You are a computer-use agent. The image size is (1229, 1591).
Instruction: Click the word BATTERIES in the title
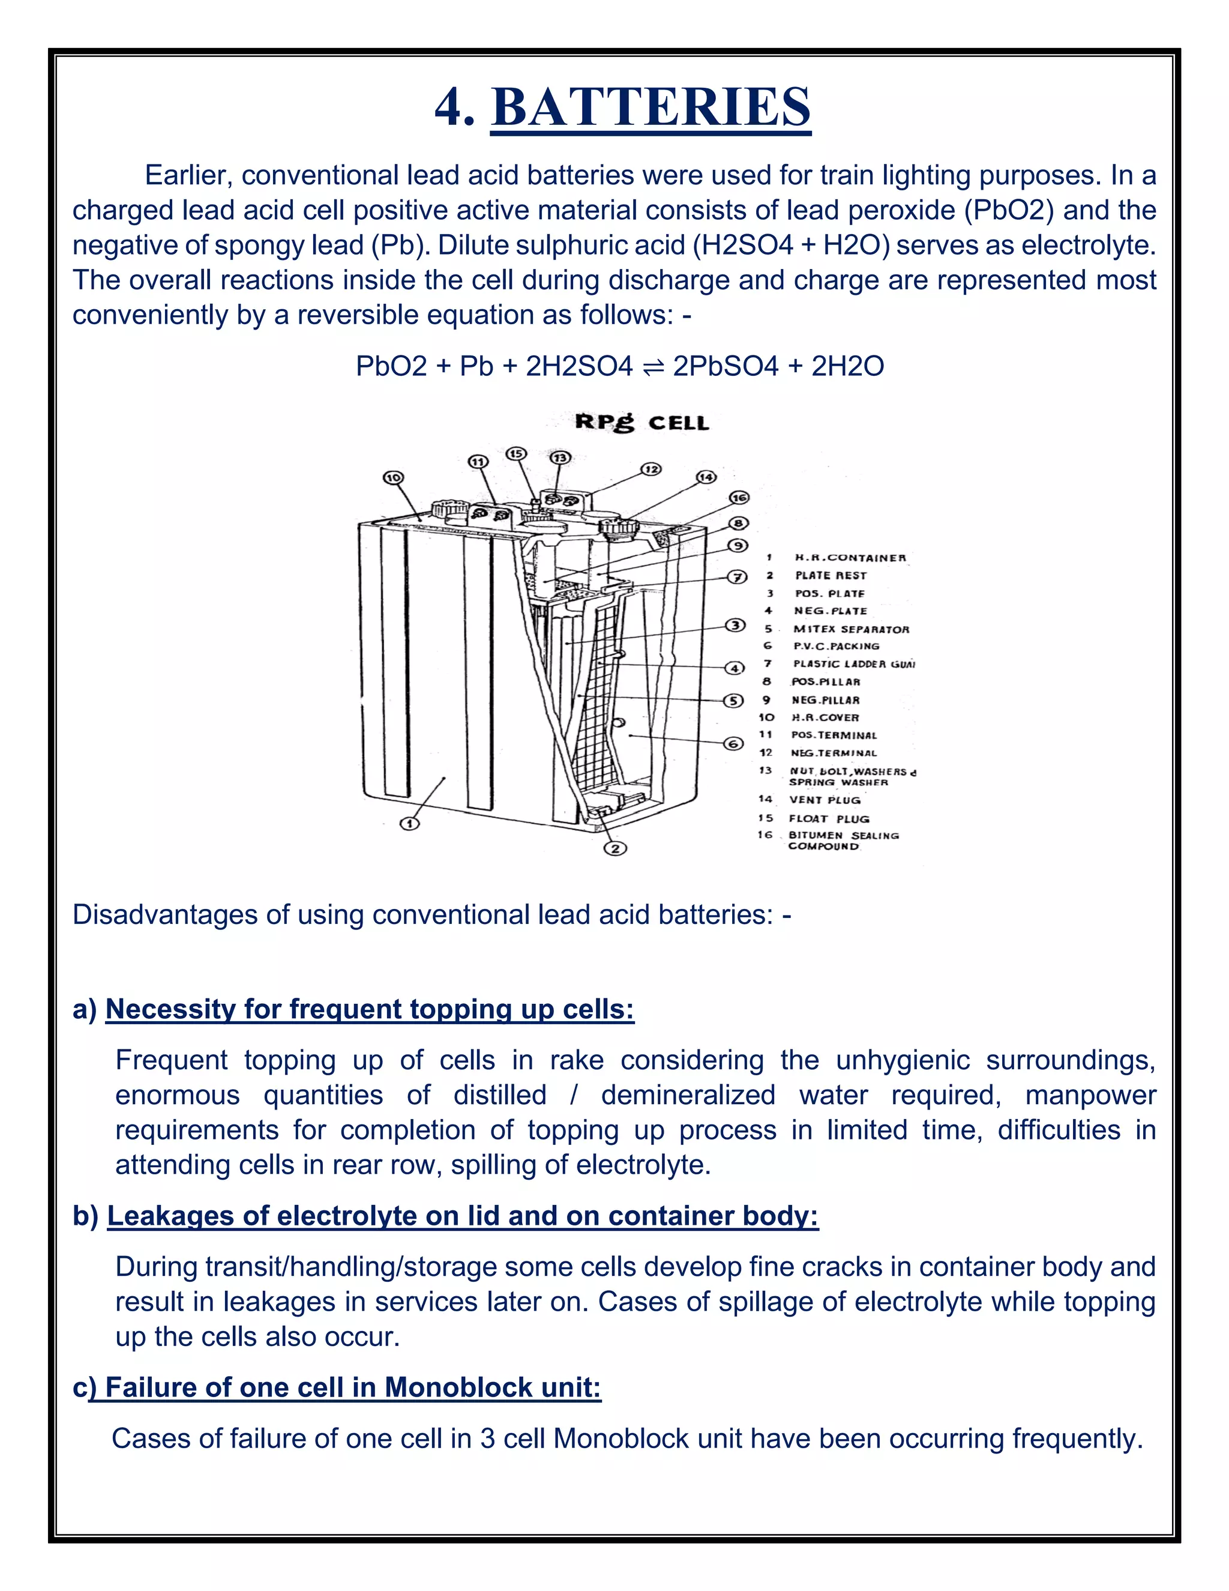click(651, 107)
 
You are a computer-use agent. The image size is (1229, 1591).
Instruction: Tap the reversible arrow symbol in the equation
click(653, 366)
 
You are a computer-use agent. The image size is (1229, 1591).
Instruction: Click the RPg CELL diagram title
click(642, 423)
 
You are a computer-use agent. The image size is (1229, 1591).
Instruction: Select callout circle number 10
click(393, 478)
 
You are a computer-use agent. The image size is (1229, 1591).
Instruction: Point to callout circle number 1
click(410, 823)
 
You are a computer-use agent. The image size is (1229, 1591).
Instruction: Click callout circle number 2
click(615, 848)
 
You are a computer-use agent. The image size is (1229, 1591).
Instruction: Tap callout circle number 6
click(734, 744)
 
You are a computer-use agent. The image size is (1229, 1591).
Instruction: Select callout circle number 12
click(651, 469)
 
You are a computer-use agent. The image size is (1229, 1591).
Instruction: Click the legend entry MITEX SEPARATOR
click(850, 629)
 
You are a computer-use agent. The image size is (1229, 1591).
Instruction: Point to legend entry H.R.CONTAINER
click(850, 558)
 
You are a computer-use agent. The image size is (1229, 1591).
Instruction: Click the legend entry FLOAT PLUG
click(829, 819)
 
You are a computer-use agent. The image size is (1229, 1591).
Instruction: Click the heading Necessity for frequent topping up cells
click(370, 1009)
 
